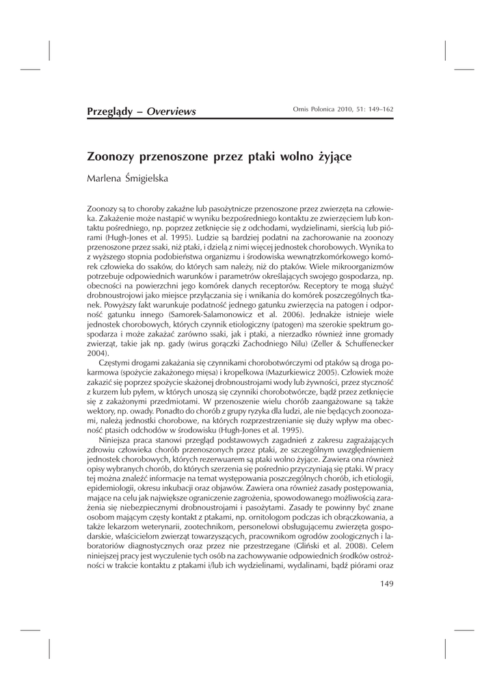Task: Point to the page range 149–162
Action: (379, 110)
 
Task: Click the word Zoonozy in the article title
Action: (115, 156)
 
